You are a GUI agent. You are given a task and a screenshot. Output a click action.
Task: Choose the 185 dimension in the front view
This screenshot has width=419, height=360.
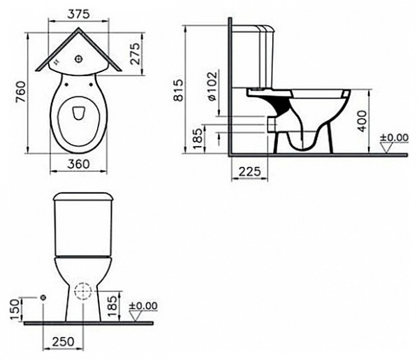coord(119,306)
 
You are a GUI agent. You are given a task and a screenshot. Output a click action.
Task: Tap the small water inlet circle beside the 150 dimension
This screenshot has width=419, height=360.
coord(43,298)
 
